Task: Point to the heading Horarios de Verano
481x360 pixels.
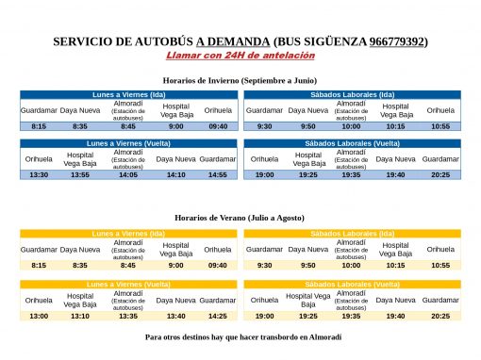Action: pos(240,218)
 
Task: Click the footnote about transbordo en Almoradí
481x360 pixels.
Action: pos(240,336)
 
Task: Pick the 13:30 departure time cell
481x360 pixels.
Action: pos(39,174)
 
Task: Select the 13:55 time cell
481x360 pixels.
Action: pos(80,174)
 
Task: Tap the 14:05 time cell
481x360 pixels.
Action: pos(128,174)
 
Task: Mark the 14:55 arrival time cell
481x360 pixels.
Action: pos(218,174)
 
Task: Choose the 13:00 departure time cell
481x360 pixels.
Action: pos(39,316)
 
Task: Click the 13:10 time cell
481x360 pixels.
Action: pos(80,316)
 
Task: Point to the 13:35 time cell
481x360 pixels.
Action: pos(128,316)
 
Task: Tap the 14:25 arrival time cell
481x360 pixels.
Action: pos(218,316)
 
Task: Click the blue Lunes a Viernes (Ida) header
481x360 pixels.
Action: pos(128,94)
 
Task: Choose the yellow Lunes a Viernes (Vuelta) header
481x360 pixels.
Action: pos(128,283)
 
